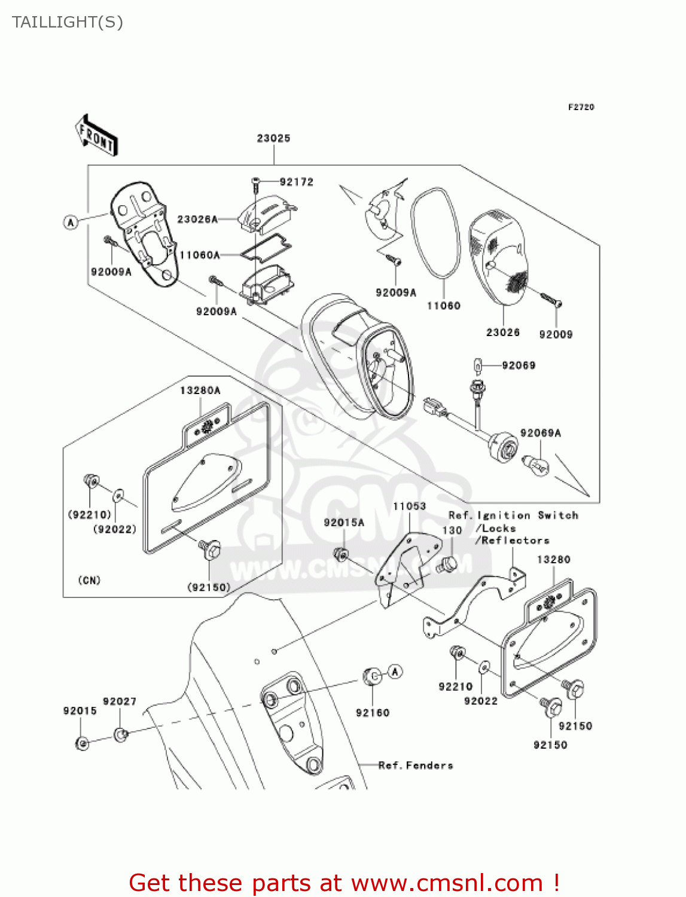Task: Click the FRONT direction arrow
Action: click(96, 136)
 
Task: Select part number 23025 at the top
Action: click(273, 138)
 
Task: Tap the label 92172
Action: click(296, 182)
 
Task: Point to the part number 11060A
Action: click(200, 255)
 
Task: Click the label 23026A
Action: click(197, 219)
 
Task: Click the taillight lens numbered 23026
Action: click(499, 257)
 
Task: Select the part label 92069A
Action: click(541, 433)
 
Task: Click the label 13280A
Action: click(200, 390)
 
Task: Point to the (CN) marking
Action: click(89, 580)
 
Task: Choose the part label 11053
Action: click(409, 506)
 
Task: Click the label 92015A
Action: click(344, 522)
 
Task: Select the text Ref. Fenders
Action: click(416, 765)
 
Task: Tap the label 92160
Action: click(372, 713)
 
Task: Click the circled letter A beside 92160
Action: click(395, 672)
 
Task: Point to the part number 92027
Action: click(120, 701)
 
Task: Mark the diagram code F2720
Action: click(581, 107)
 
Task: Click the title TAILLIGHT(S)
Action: click(68, 22)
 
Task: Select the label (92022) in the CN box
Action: click(115, 529)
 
